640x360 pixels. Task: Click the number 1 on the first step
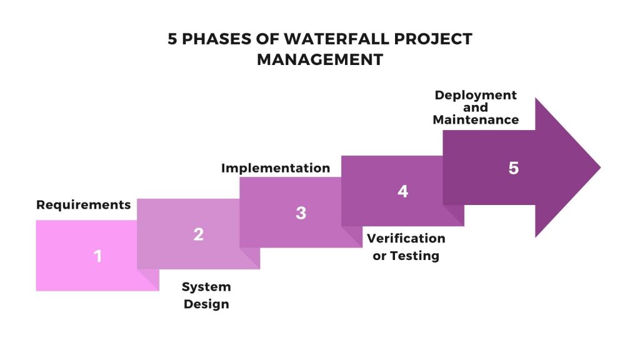pyautogui.click(x=97, y=256)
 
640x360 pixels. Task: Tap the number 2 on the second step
pyautogui.click(x=199, y=234)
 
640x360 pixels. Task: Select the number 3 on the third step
pyautogui.click(x=301, y=213)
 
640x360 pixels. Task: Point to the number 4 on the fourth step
pyautogui.click(x=403, y=191)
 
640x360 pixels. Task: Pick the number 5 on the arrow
pyautogui.click(x=513, y=168)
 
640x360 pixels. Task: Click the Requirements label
pyautogui.click(x=84, y=204)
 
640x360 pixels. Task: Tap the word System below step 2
pyautogui.click(x=206, y=287)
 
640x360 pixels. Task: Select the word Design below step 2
pyautogui.click(x=206, y=304)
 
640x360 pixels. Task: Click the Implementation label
pyautogui.click(x=276, y=168)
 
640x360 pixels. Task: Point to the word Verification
pyautogui.click(x=406, y=238)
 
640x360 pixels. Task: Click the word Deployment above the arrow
pyautogui.click(x=476, y=95)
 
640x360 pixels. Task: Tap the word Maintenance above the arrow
pyautogui.click(x=476, y=119)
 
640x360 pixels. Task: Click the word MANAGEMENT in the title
pyautogui.click(x=320, y=60)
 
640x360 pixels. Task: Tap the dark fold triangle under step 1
pyautogui.click(x=148, y=280)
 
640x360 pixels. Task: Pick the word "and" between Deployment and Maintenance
pyautogui.click(x=476, y=107)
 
